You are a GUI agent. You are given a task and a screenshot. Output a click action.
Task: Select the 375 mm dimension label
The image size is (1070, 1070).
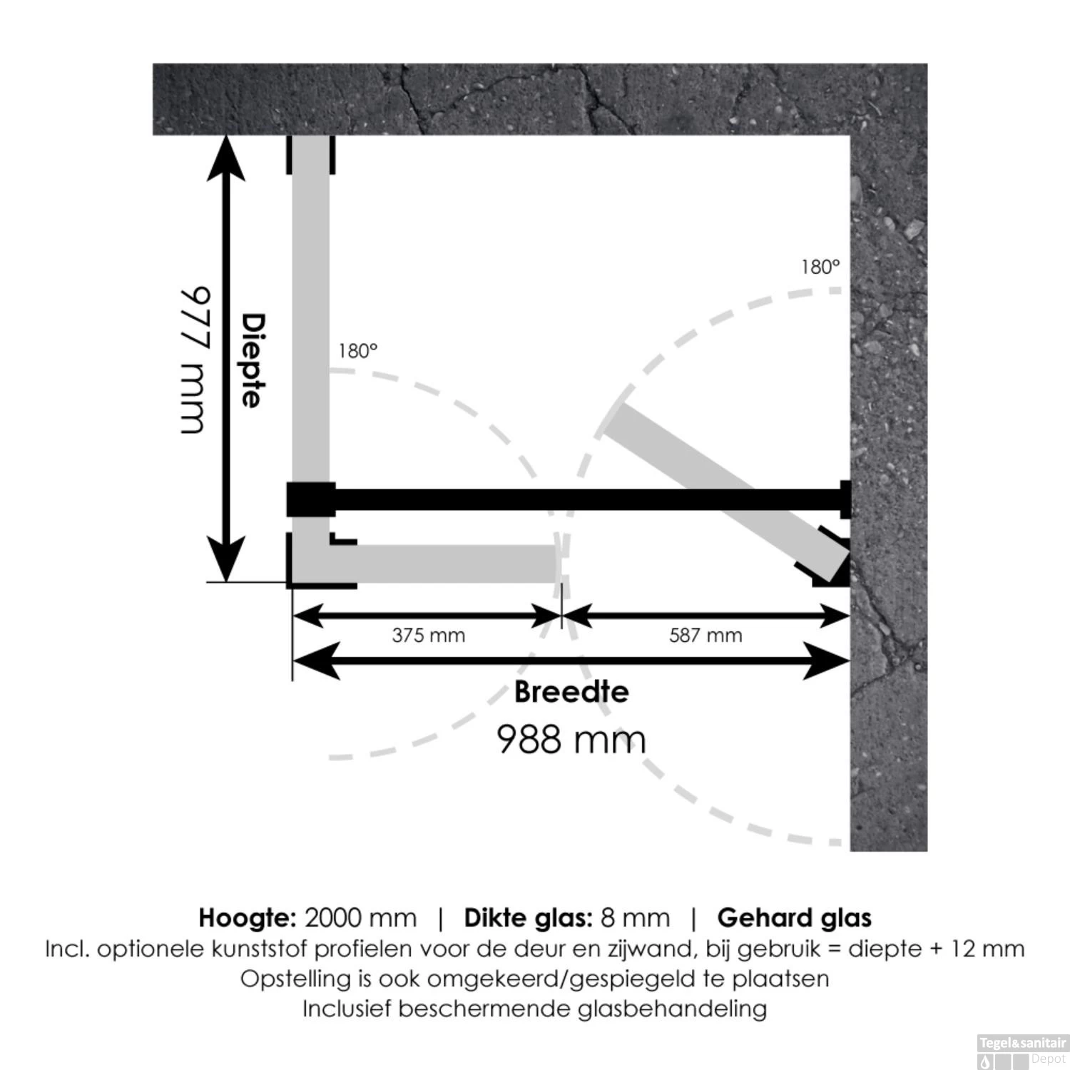[x=429, y=635]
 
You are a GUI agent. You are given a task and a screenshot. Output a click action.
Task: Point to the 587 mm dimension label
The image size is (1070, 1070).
[x=705, y=635]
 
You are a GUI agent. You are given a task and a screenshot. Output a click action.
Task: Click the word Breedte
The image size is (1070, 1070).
[x=571, y=692]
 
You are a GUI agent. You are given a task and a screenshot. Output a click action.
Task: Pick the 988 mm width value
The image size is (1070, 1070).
[x=571, y=739]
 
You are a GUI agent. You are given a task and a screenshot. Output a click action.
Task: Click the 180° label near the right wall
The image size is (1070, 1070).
[x=820, y=267]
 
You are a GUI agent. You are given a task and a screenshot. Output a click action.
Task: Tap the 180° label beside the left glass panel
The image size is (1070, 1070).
[x=357, y=351]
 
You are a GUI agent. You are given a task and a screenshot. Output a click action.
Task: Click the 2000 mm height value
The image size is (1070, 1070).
[x=360, y=918]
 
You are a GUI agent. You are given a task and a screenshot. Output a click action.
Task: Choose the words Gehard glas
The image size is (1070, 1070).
[x=795, y=918]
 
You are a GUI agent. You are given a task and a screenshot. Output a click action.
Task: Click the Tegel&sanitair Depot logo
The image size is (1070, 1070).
[x=1021, y=1051]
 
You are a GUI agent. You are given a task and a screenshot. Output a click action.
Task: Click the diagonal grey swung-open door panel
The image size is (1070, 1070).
[x=727, y=492]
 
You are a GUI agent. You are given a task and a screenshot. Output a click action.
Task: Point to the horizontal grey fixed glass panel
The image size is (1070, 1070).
[x=442, y=564]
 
